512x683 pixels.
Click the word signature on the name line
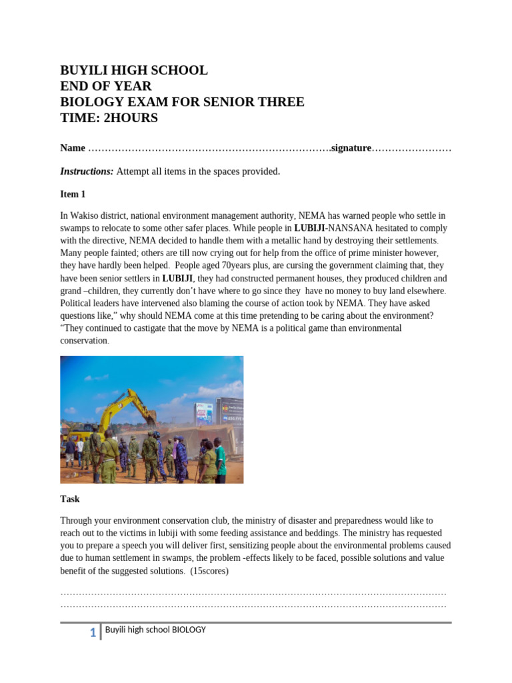[351, 148]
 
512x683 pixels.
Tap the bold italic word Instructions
[87, 171]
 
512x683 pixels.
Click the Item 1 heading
[73, 194]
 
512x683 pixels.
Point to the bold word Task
[70, 499]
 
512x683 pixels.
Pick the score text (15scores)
[209, 571]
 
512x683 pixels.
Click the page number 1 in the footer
[93, 633]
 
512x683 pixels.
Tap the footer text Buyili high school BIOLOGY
[155, 630]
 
